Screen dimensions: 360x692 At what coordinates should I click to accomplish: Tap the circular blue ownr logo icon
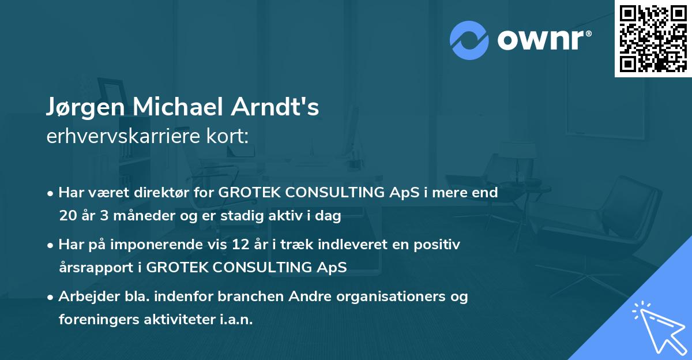point(469,40)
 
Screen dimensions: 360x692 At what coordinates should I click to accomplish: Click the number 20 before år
point(67,216)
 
